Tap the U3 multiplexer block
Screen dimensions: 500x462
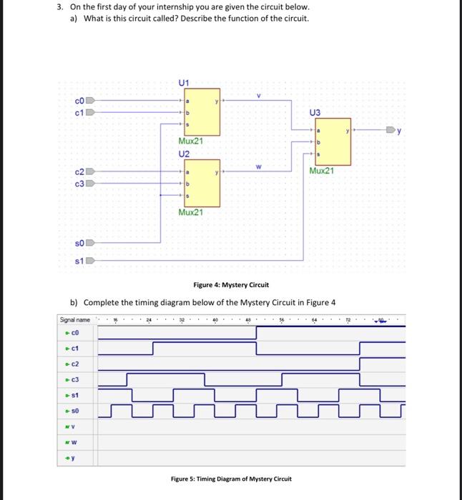tap(330, 141)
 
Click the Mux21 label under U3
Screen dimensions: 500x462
tap(322, 171)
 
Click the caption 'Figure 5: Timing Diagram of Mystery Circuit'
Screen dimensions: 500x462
tap(230, 478)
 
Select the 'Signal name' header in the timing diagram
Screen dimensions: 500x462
tap(75, 321)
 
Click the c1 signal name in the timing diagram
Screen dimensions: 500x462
tap(74, 349)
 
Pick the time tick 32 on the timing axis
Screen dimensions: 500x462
tap(183, 321)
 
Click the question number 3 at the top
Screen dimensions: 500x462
tap(61, 7)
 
